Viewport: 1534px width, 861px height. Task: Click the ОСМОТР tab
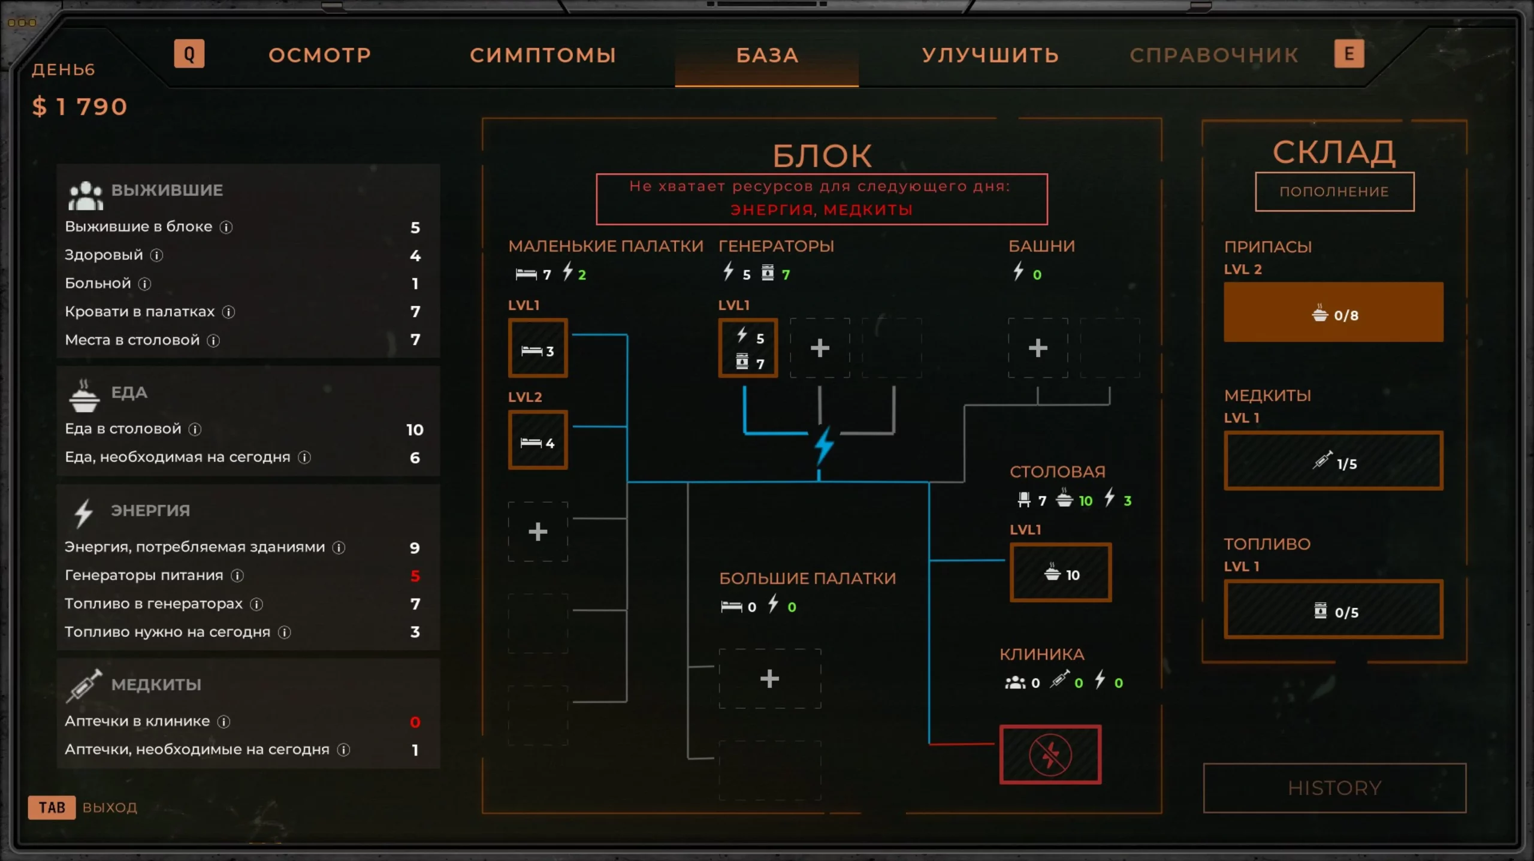point(319,55)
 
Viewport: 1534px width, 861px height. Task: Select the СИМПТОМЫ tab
point(543,55)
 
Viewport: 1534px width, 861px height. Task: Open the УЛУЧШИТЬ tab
point(990,55)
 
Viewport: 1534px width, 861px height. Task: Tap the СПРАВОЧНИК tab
point(1214,55)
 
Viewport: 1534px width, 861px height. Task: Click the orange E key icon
point(1349,54)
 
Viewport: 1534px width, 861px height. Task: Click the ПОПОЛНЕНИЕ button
point(1334,192)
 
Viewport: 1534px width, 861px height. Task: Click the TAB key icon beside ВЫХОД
point(52,807)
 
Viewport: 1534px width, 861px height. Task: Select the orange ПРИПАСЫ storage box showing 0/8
point(1333,312)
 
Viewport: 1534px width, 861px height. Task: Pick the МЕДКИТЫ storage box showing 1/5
point(1333,461)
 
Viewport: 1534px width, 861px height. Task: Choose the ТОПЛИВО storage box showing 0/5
point(1333,609)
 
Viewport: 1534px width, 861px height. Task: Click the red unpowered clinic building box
point(1050,754)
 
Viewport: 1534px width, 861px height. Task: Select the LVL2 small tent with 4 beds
point(537,440)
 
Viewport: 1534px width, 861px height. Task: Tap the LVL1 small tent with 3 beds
point(537,348)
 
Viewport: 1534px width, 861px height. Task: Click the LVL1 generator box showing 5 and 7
point(748,348)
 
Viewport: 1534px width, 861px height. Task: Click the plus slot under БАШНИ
point(1038,348)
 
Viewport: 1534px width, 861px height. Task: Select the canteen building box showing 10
point(1061,572)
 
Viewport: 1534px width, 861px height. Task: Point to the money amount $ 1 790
point(80,107)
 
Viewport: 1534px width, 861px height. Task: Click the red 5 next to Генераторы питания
point(415,576)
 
